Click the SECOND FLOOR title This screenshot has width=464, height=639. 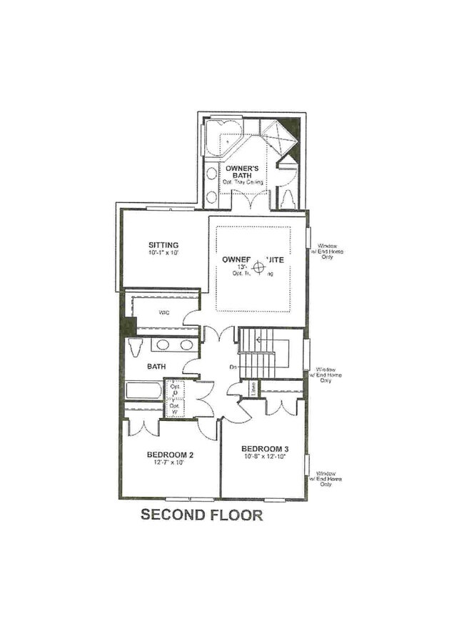click(x=202, y=514)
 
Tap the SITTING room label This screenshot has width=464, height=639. click(x=163, y=244)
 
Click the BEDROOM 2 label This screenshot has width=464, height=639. click(x=171, y=454)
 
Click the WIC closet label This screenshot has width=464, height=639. click(x=163, y=312)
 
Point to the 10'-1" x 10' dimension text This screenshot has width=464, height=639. click(x=163, y=253)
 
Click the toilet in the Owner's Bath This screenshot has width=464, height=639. click(x=288, y=199)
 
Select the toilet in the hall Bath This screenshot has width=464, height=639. click(x=136, y=346)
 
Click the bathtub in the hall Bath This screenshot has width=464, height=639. click(x=143, y=391)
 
